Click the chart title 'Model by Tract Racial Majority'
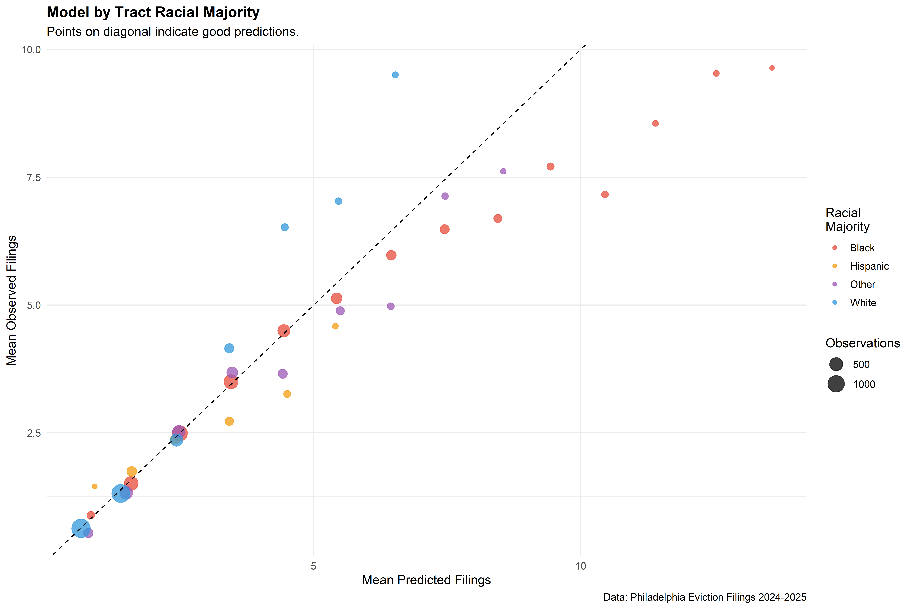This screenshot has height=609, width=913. [x=153, y=12]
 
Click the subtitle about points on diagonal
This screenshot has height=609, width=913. [x=172, y=31]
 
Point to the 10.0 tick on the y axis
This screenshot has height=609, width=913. [x=31, y=50]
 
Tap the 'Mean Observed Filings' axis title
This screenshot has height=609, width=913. [x=12, y=300]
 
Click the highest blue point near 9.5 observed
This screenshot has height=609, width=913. [x=395, y=75]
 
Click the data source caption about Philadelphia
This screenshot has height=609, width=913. [x=705, y=597]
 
